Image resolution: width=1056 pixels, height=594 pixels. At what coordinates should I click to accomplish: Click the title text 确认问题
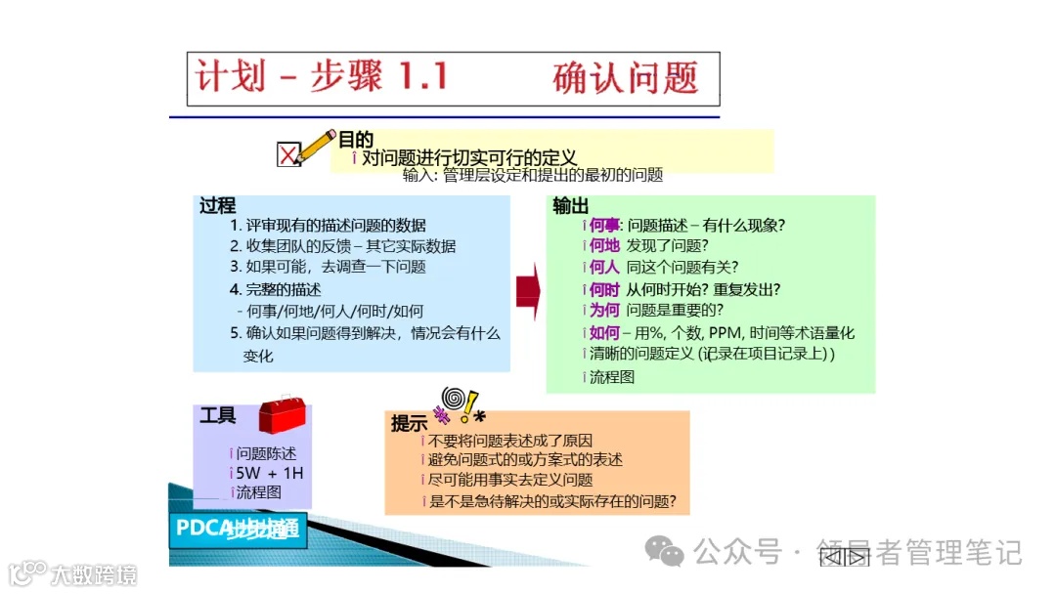point(626,77)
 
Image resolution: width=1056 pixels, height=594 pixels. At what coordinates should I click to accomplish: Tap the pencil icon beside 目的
point(316,147)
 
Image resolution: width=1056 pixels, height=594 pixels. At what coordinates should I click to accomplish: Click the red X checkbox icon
point(288,155)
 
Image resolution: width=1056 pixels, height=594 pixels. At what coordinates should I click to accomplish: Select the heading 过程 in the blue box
point(217,205)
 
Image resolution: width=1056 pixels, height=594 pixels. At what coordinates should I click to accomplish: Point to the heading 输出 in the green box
point(570,205)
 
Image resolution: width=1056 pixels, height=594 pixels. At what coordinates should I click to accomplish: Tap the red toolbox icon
point(281,415)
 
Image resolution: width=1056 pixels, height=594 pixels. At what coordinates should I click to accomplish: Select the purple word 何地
point(604,246)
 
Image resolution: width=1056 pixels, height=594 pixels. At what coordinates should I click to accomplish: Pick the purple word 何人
point(604,268)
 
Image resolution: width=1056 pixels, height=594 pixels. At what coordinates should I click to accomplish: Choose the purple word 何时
point(604,289)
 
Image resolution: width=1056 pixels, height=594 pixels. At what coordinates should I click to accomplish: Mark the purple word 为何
point(604,311)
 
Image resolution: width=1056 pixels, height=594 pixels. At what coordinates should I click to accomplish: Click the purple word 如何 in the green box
point(604,333)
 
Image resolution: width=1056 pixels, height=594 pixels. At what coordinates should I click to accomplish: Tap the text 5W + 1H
point(270,474)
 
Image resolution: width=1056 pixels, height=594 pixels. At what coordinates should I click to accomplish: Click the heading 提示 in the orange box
point(409,424)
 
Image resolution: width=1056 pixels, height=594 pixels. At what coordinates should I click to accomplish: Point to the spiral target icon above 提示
point(453,400)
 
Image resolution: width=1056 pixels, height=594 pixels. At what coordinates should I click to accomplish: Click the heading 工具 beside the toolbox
point(218,415)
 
